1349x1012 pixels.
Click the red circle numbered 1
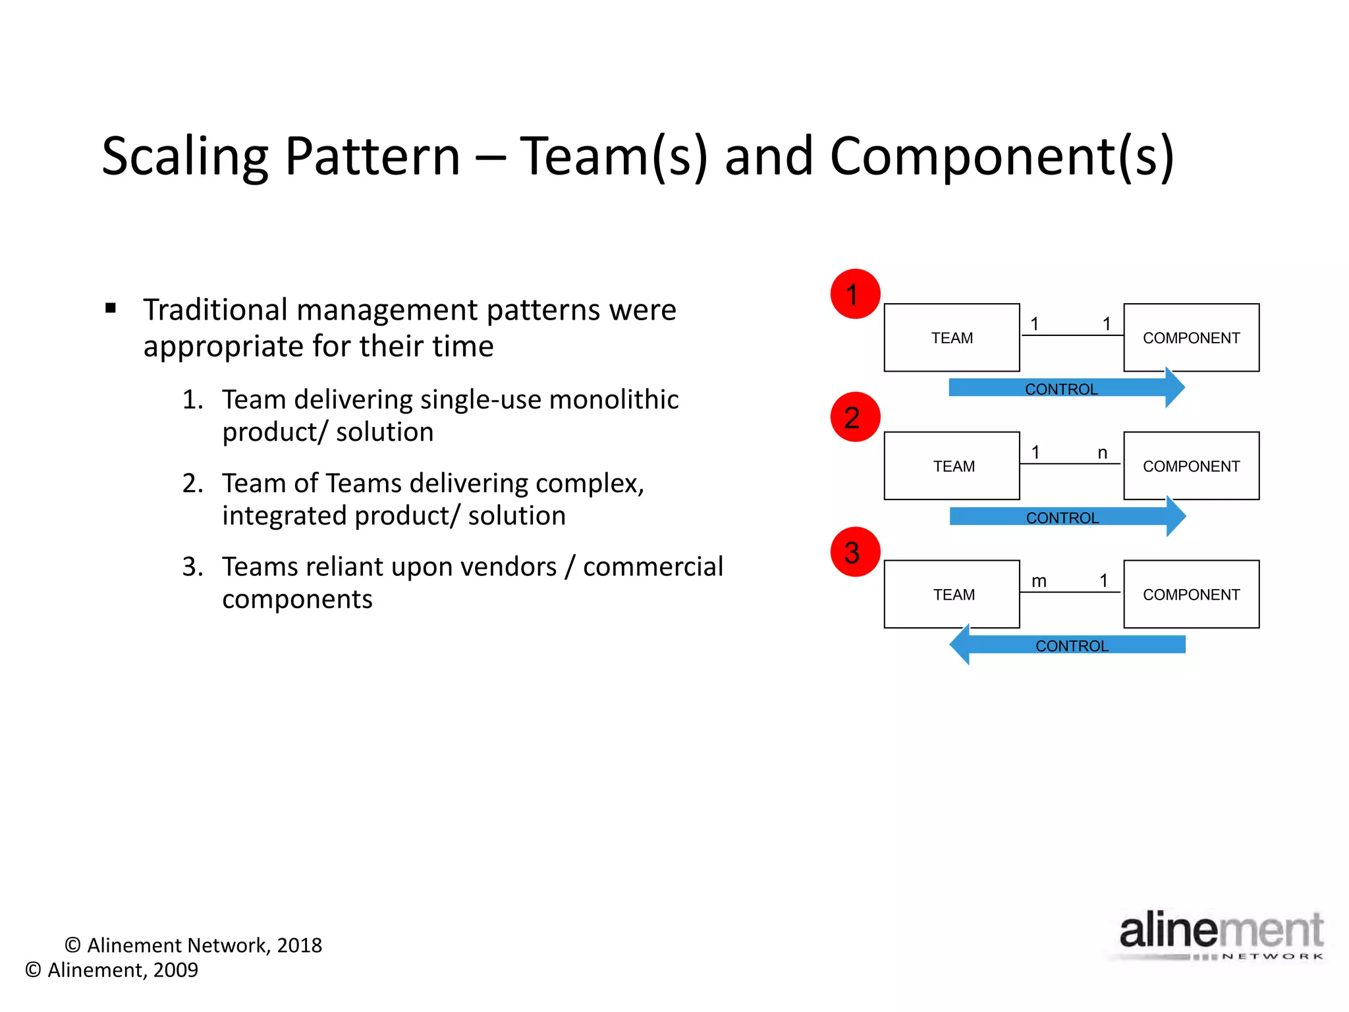(x=855, y=294)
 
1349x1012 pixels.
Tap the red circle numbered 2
(x=855, y=417)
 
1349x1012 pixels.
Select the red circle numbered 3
(x=855, y=552)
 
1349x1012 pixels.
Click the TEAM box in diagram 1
(x=951, y=337)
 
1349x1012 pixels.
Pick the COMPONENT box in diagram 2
(x=1191, y=466)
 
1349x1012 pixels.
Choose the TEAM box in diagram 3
(x=951, y=594)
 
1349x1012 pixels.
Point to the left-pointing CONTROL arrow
(x=1067, y=645)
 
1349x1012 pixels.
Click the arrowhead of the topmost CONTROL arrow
(x=1174, y=388)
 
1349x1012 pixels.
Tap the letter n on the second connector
(x=1102, y=453)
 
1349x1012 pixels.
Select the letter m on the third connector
(x=1039, y=581)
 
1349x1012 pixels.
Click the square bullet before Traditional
(x=111, y=308)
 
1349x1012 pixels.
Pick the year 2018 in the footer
(x=300, y=945)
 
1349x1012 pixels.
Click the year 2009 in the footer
(x=175, y=970)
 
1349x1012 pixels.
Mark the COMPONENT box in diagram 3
(x=1191, y=594)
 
